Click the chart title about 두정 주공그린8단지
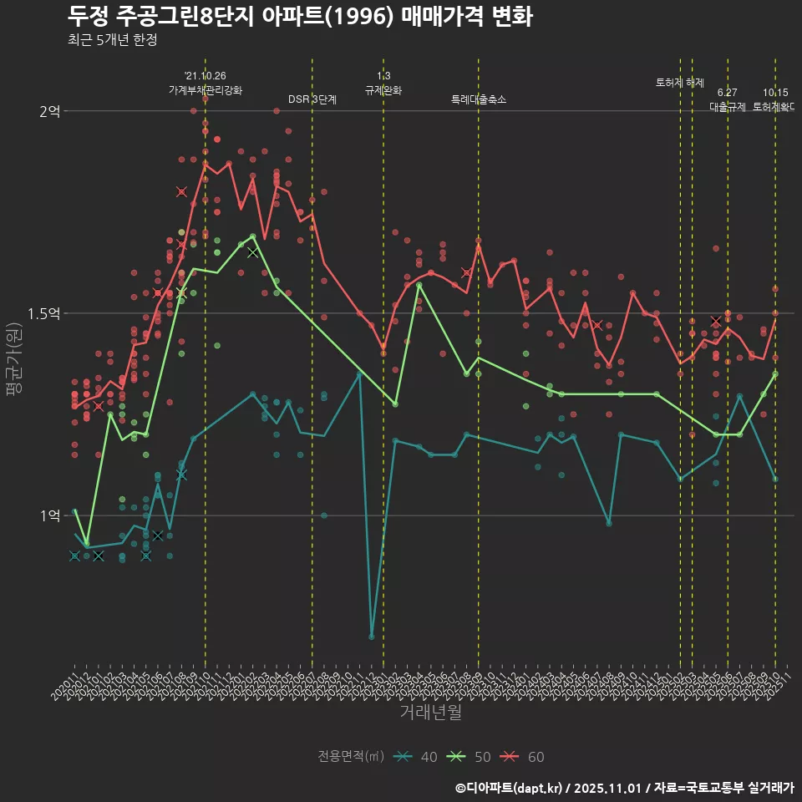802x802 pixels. click(x=300, y=17)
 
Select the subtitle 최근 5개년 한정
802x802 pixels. click(x=112, y=40)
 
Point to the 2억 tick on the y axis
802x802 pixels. click(x=50, y=111)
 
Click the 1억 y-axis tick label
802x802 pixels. click(x=50, y=515)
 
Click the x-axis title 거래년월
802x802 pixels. click(x=430, y=712)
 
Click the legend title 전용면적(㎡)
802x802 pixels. click(x=351, y=757)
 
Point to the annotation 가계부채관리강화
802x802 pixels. click(x=206, y=90)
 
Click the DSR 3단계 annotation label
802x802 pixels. click(x=312, y=99)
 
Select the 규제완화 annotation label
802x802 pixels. click(x=383, y=90)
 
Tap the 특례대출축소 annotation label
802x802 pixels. click(x=478, y=99)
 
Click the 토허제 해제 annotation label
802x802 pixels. click(x=680, y=83)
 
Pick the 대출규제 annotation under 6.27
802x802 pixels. click(x=728, y=107)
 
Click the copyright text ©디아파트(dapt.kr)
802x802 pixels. click(x=510, y=788)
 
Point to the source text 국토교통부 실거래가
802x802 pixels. click(x=735, y=788)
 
